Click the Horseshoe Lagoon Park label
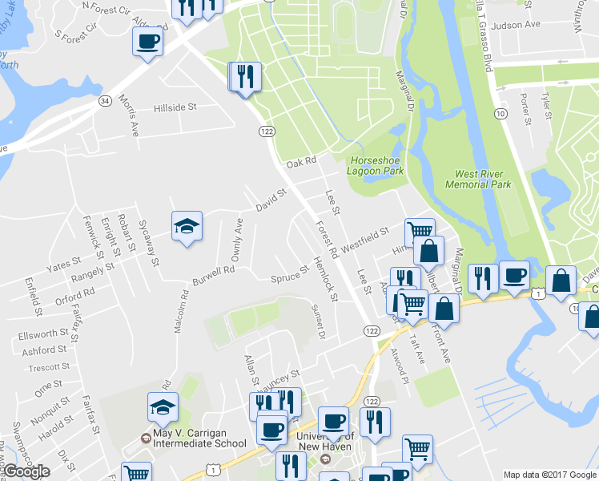tap(376, 164)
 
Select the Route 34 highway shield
tap(105, 102)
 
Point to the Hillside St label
tap(175, 107)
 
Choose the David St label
tap(271, 197)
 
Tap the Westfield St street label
tap(365, 239)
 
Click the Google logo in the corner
tap(26, 471)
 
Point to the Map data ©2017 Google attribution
tap(549, 475)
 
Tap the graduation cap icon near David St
tap(187, 226)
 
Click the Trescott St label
tap(50, 368)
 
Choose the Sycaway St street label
tap(150, 243)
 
